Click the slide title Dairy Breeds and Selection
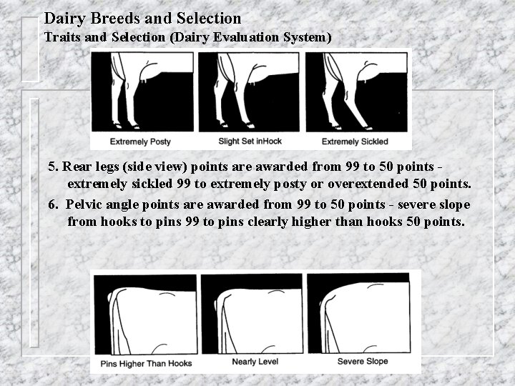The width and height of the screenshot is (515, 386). coord(142,18)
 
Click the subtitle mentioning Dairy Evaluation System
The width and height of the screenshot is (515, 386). coord(188,36)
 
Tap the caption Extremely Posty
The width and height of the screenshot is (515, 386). coord(139,142)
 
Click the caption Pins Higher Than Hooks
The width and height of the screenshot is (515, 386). coord(146,363)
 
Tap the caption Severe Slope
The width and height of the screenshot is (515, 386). coord(363,362)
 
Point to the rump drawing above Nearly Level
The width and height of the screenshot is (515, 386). coord(252,315)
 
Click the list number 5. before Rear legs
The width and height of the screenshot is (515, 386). coord(54,167)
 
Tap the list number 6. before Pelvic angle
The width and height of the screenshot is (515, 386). coord(54,204)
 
